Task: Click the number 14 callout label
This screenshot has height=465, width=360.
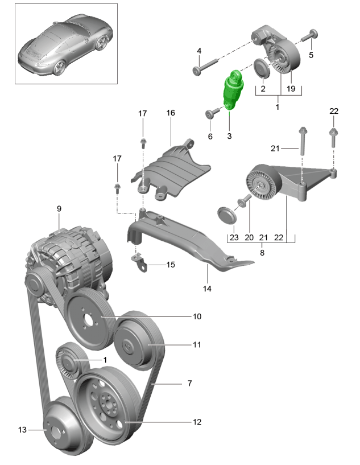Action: click(207, 289)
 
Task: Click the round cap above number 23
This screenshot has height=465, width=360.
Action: click(227, 216)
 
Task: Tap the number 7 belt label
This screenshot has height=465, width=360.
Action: click(190, 384)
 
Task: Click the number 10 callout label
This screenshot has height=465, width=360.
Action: click(197, 316)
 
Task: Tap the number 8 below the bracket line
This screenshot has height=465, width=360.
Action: click(262, 252)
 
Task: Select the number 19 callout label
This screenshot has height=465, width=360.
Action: click(291, 89)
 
